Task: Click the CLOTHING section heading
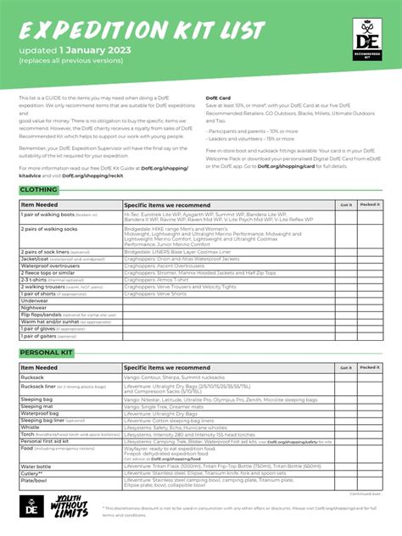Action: pos(39,189)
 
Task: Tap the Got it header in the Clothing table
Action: pos(345,204)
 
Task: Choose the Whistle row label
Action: pos(31,427)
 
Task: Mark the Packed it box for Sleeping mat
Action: pos(370,406)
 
